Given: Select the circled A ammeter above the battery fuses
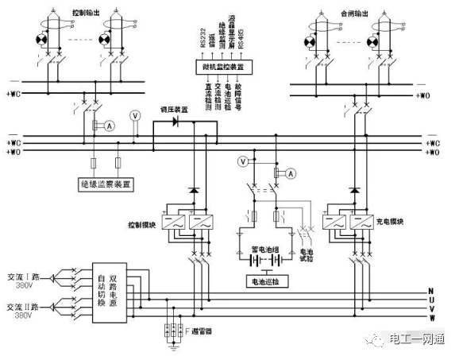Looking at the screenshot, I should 291,172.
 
